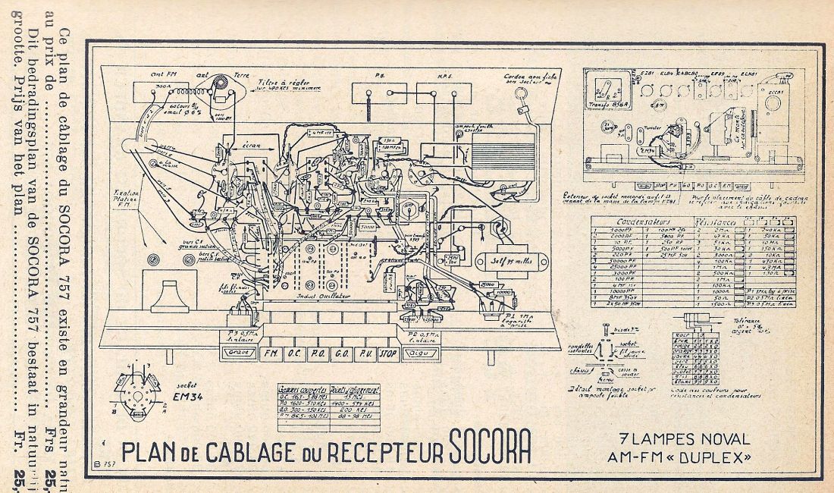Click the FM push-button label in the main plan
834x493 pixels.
click(x=270, y=353)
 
